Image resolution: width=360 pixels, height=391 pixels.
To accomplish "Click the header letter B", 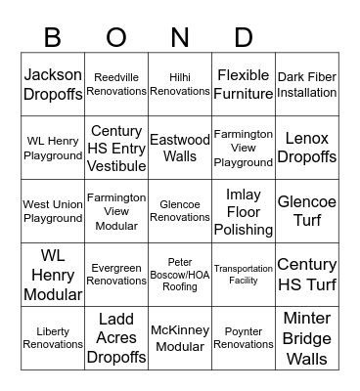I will point(53,38).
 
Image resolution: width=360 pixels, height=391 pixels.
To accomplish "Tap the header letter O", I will point(116,38).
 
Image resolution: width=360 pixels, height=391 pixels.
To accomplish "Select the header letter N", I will point(180,38).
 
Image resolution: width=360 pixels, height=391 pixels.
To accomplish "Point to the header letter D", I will point(244,38).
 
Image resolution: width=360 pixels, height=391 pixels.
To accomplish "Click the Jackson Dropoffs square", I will point(53,85).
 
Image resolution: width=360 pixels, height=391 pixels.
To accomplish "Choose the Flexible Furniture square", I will point(244,85).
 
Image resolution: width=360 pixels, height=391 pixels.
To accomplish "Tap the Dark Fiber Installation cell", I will point(307,85).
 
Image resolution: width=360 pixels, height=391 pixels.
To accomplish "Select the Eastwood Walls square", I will point(180,149).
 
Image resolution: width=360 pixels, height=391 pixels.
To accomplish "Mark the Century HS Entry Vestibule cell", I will point(116,149).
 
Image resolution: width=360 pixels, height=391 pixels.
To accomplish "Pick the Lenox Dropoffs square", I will point(307,149).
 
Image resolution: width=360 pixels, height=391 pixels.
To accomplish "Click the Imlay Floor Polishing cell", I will point(244,212).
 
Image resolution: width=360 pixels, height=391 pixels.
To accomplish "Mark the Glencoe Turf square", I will point(307,212).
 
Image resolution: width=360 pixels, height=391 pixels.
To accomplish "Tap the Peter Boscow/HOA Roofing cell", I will point(180,275).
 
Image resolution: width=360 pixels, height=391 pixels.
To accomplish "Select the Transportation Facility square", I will point(244,275).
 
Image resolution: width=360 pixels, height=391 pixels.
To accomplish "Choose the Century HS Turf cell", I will point(307,275).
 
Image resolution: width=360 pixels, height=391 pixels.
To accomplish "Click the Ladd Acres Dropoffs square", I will point(116,338).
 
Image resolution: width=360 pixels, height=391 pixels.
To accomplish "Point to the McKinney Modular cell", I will point(180,338).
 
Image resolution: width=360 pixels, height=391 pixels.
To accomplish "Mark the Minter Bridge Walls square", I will point(307,338).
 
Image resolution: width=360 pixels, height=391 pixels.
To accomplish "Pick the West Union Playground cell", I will point(53,212).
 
